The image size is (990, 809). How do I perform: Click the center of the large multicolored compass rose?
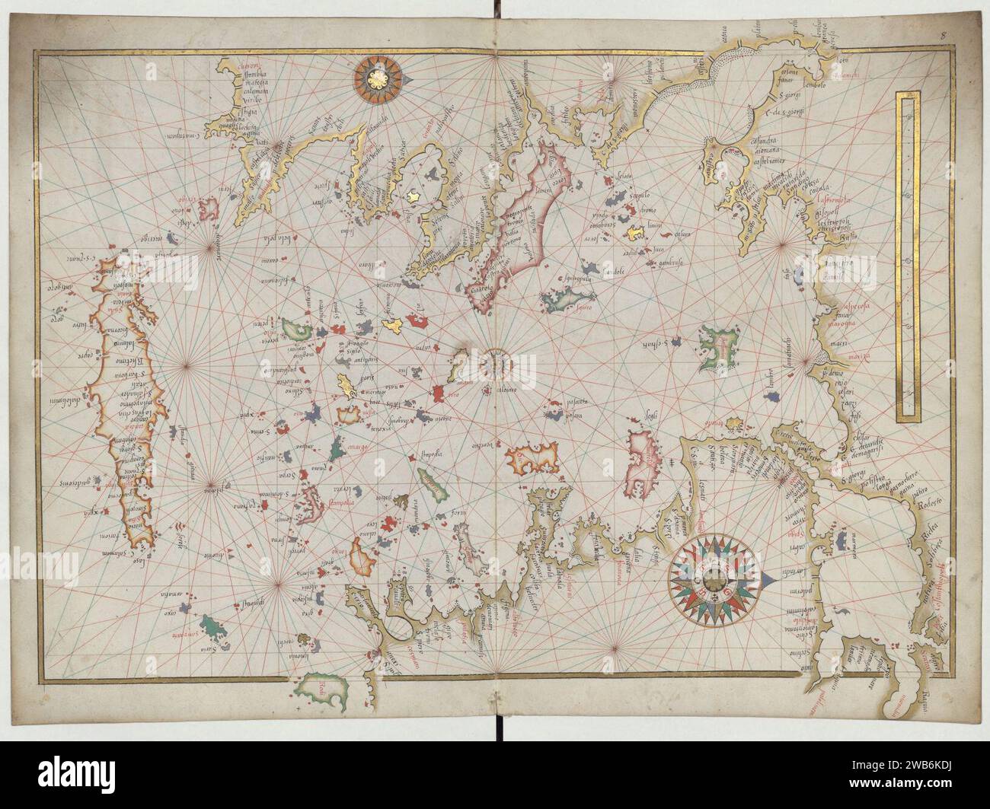pos(713,582)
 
